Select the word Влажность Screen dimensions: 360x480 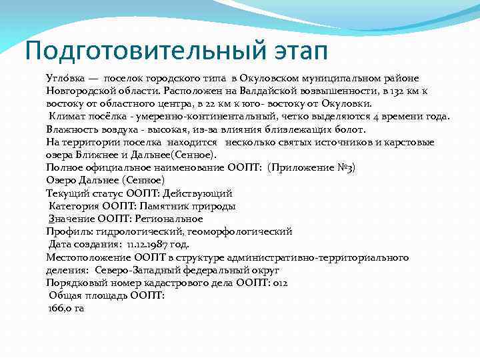(71, 129)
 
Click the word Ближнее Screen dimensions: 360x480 (96, 155)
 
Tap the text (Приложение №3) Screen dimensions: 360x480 (311, 167)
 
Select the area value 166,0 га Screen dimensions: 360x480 (67, 308)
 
